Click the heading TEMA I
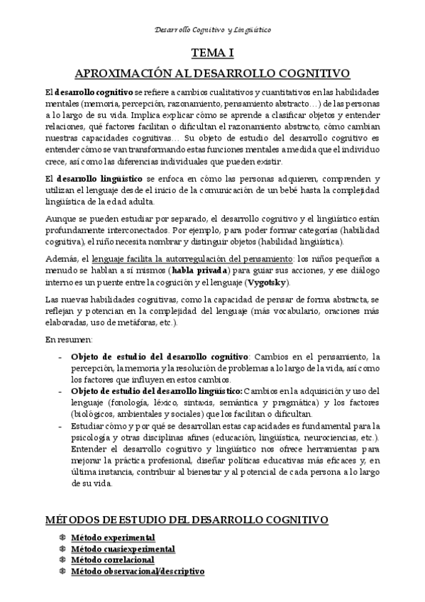tap(212, 53)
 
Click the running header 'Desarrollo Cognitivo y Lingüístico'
tap(212, 29)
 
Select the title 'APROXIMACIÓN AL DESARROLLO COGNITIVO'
tap(212, 73)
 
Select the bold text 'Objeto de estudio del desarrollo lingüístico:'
tap(157, 390)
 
